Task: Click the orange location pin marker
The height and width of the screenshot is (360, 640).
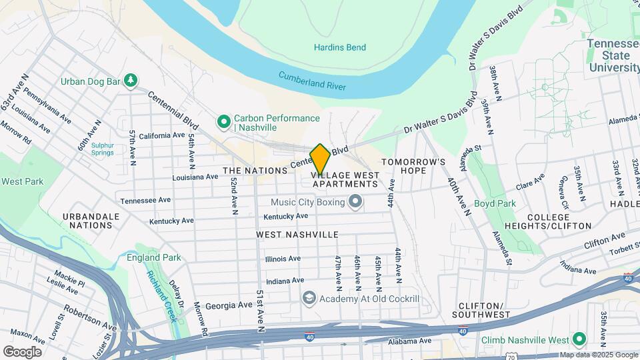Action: pyautogui.click(x=320, y=159)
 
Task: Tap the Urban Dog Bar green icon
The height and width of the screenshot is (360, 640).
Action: pyautogui.click(x=132, y=81)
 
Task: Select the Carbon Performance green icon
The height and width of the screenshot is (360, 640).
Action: pyautogui.click(x=224, y=123)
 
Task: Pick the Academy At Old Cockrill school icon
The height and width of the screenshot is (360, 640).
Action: pyautogui.click(x=308, y=298)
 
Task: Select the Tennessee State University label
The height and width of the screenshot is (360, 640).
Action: pyautogui.click(x=613, y=55)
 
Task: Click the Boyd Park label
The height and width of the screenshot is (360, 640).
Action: pyautogui.click(x=495, y=203)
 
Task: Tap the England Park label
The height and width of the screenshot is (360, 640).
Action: pyautogui.click(x=154, y=257)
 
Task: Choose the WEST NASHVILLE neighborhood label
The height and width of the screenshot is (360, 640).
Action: pyautogui.click(x=297, y=235)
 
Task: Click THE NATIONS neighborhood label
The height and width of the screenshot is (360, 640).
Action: pyautogui.click(x=255, y=171)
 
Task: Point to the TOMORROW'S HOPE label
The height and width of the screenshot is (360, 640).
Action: pyautogui.click(x=413, y=166)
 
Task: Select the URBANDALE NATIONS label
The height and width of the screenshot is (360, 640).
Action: pyautogui.click(x=91, y=221)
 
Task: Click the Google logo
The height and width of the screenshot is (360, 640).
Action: pyautogui.click(x=22, y=352)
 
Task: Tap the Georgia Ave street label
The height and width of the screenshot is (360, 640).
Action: pyautogui.click(x=229, y=306)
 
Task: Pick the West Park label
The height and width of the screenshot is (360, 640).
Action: pyautogui.click(x=22, y=181)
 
